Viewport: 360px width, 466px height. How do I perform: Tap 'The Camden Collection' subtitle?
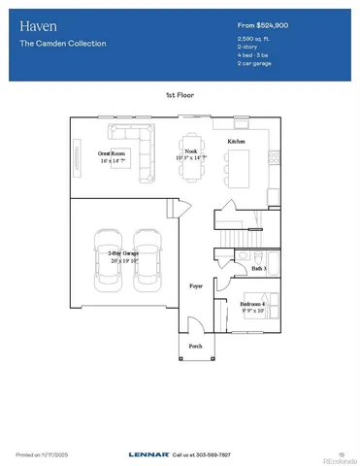click(x=62, y=44)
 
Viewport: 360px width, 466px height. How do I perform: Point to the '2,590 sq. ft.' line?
click(x=254, y=40)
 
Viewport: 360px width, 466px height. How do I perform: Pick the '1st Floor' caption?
click(x=180, y=95)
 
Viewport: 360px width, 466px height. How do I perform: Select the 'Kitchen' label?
click(x=236, y=142)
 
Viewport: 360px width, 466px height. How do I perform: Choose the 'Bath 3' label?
click(x=258, y=268)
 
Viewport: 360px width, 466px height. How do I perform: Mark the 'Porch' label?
click(x=194, y=346)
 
